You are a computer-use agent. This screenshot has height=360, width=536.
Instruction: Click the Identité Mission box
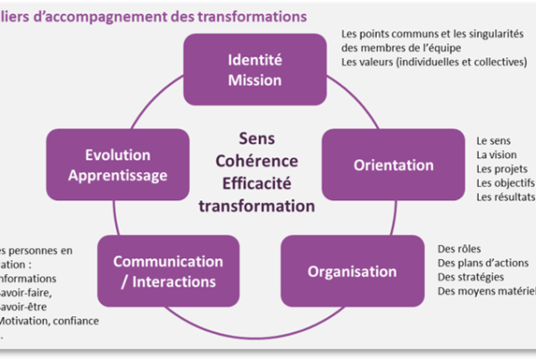tap(255, 71)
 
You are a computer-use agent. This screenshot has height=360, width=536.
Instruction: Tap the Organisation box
tap(352, 271)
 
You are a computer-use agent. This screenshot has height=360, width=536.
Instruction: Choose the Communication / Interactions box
tap(167, 271)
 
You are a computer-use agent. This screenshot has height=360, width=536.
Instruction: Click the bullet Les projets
tap(501, 169)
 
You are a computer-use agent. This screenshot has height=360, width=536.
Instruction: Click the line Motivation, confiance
tap(49, 321)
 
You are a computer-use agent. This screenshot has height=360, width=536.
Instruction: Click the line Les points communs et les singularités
tap(431, 34)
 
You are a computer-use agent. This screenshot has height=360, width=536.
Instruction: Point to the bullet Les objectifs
tap(504, 182)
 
